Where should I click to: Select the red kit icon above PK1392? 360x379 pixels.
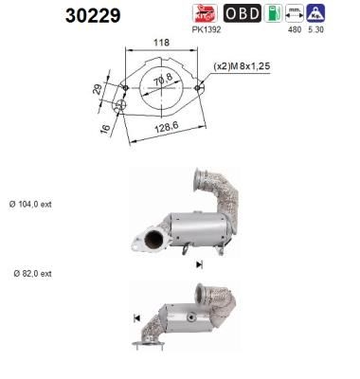[206, 13]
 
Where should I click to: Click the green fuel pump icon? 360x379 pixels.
[274, 14]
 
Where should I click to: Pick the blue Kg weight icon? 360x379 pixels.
[317, 14]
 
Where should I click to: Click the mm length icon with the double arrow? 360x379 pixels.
[295, 14]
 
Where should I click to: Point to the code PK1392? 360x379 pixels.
[206, 29]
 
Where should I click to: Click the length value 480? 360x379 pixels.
[293, 29]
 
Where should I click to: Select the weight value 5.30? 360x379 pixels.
[317, 29]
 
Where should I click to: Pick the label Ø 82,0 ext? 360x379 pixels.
[32, 273]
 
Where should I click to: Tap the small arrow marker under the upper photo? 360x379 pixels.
[200, 266]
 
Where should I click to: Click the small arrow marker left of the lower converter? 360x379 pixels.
[137, 316]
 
